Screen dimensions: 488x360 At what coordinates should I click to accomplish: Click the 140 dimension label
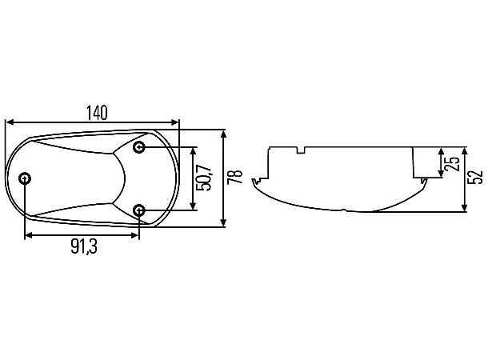tap(97, 113)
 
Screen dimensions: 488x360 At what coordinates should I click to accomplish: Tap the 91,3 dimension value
tap(84, 246)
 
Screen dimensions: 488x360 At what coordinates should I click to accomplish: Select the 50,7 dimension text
tap(205, 178)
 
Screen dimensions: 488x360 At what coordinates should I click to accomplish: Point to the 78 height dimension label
tap(235, 177)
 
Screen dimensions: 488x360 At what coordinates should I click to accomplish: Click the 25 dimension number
tap(452, 163)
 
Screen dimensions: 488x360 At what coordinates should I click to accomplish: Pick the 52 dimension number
tap(475, 177)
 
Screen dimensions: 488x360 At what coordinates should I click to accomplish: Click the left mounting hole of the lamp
tap(25, 179)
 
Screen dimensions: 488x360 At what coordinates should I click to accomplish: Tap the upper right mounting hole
tap(139, 147)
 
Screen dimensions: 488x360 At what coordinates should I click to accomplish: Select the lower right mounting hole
tap(139, 210)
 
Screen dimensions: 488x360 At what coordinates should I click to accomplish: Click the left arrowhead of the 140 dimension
tap(10, 122)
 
